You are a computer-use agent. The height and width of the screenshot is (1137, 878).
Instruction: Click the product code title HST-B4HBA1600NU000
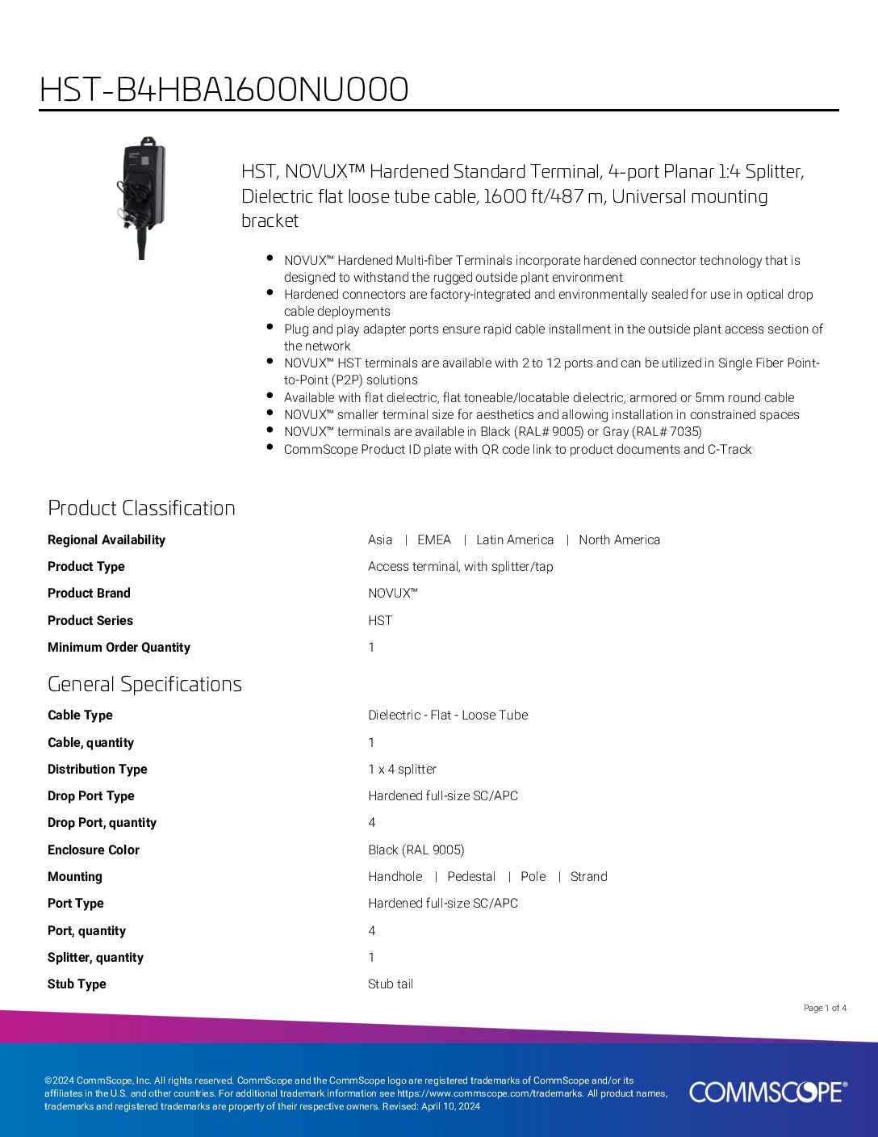224,90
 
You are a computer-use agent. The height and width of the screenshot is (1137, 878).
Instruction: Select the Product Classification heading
141,508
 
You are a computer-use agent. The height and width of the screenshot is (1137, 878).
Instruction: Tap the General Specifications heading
144,684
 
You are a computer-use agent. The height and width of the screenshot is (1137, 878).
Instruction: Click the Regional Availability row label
106,539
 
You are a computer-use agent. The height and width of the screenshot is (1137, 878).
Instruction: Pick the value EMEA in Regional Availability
433,539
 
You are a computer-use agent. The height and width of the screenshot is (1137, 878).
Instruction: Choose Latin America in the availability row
515,539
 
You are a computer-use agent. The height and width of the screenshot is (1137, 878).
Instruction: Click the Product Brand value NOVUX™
392,594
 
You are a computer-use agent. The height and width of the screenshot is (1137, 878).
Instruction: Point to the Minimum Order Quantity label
119,647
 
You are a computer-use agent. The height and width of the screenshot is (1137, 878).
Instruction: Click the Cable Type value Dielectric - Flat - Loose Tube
448,715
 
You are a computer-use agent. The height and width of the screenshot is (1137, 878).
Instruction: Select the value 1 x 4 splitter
402,769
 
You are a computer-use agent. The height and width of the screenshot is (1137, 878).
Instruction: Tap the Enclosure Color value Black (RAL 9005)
416,850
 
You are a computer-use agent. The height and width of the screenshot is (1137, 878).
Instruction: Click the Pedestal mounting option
471,876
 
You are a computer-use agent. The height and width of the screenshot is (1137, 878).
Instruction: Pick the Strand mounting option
588,876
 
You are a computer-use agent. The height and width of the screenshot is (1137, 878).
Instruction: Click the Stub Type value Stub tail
391,984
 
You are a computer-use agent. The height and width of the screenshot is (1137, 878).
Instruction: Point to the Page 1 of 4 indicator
825,1008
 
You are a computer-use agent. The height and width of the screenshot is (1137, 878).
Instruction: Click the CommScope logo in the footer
767,1092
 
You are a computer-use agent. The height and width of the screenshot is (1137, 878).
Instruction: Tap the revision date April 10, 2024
450,1106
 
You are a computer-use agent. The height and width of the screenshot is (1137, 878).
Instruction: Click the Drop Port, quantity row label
102,822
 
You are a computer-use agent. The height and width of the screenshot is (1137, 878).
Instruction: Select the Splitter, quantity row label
95,957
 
